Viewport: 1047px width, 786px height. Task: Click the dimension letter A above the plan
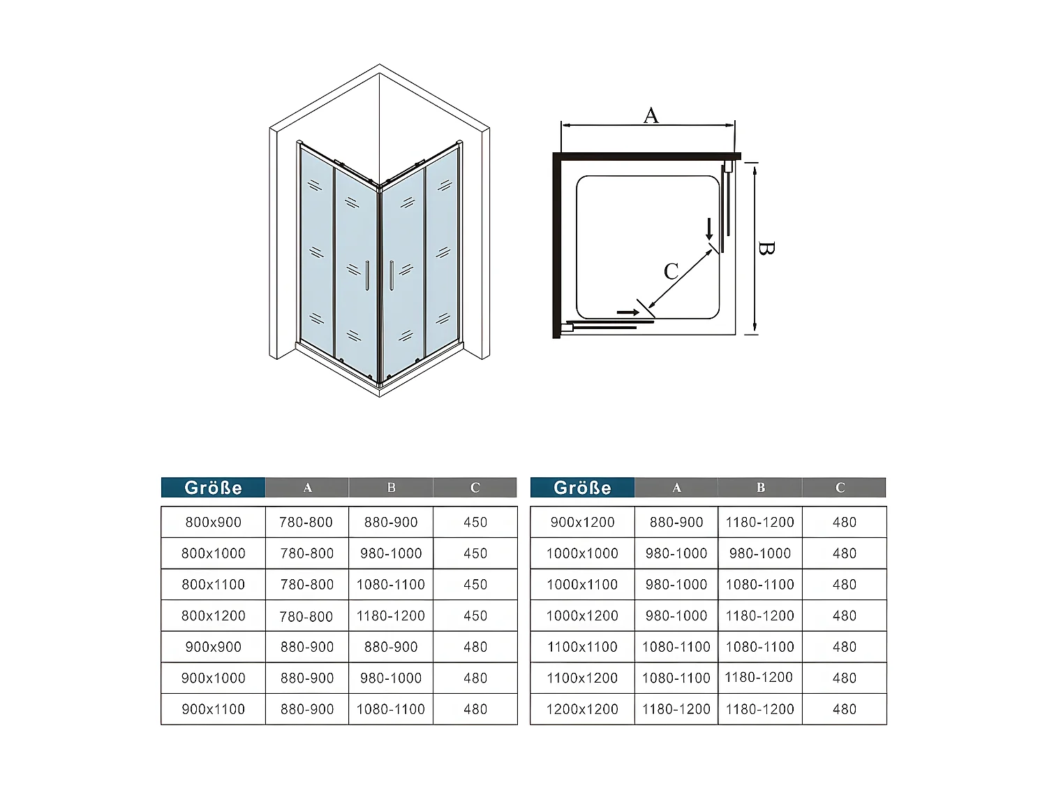(x=651, y=115)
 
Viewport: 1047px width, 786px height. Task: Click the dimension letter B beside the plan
(x=766, y=248)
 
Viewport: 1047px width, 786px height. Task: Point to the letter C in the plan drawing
(x=671, y=271)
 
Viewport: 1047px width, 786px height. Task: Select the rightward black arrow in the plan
(x=628, y=312)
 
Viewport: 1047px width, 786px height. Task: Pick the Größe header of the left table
(x=213, y=488)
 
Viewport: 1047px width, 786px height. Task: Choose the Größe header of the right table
(x=582, y=488)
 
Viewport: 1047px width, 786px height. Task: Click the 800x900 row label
(x=213, y=522)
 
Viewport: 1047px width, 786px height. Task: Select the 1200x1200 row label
(x=582, y=709)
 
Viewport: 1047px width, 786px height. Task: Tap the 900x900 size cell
(x=213, y=647)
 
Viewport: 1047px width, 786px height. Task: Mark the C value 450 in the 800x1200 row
(x=475, y=616)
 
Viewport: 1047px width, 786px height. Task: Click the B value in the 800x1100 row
(x=391, y=584)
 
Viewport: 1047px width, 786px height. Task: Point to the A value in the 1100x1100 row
(x=676, y=647)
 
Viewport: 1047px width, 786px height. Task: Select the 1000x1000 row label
(x=582, y=553)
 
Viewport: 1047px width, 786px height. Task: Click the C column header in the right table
(x=840, y=488)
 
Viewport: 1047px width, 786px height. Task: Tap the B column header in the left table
(x=391, y=488)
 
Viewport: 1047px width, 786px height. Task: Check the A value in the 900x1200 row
(x=676, y=522)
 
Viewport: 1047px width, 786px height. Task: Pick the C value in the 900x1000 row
(x=475, y=678)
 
